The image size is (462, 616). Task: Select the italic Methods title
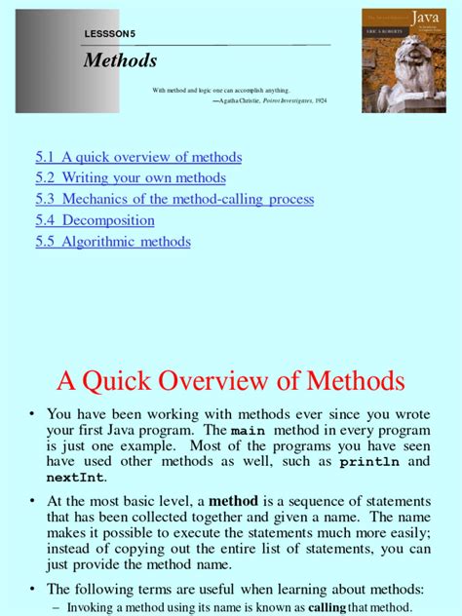click(x=120, y=60)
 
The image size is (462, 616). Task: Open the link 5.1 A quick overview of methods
click(x=138, y=157)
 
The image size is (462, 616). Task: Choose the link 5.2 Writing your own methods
click(x=131, y=178)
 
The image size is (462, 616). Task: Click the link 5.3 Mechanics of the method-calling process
click(x=174, y=199)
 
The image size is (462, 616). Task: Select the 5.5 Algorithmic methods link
click(x=113, y=242)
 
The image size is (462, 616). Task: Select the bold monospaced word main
click(x=247, y=431)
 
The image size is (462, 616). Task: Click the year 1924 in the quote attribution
click(x=322, y=99)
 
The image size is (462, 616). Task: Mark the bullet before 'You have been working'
click(x=32, y=413)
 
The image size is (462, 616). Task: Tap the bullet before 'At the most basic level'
click(x=32, y=500)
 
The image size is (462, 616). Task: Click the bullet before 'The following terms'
click(x=32, y=589)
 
